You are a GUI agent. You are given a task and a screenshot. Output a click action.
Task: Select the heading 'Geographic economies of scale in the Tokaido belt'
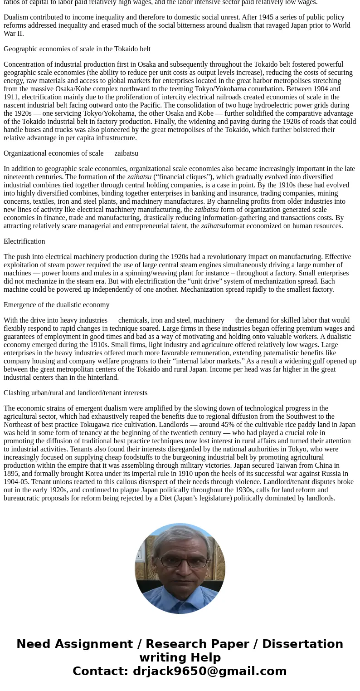77,49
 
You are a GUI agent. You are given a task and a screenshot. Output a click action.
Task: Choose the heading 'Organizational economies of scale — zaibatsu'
71,153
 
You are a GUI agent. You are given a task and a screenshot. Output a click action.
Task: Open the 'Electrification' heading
24,241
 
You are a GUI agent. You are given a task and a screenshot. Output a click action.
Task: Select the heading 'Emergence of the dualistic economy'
57,305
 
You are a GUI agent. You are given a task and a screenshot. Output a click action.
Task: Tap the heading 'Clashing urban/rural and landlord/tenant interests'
75,393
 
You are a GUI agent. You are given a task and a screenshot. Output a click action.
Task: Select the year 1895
11,474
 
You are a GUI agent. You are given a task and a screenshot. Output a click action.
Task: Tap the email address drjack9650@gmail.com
209,671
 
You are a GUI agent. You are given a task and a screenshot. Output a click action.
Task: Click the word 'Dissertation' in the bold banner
302,644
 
